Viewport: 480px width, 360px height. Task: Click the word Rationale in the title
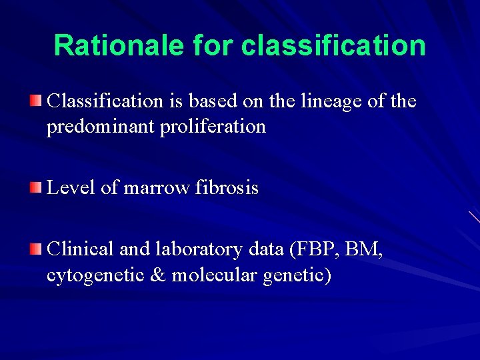(119, 45)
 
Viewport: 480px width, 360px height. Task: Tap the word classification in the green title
(334, 45)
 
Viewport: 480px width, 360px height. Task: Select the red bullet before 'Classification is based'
(35, 101)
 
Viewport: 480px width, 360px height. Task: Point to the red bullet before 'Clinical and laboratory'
(35, 249)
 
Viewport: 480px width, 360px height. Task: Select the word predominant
(100, 127)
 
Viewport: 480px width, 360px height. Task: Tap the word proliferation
(213, 127)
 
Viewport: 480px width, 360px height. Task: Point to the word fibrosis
(227, 189)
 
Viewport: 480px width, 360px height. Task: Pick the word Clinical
(80, 249)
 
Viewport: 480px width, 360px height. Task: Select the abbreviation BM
(366, 249)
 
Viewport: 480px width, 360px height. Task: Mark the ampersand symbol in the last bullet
(158, 275)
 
